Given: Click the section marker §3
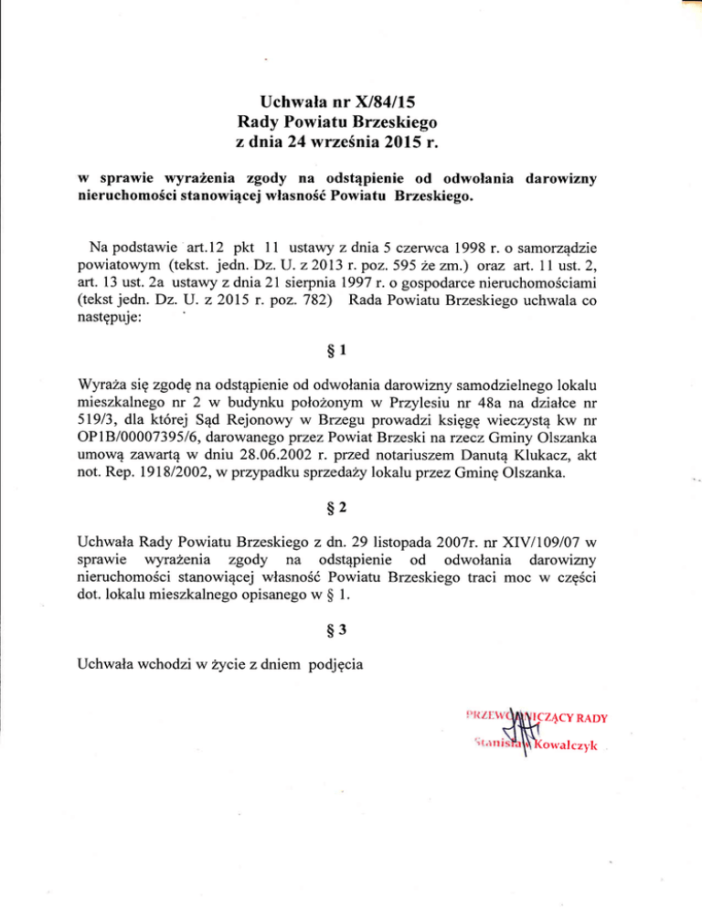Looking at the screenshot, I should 351,640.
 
